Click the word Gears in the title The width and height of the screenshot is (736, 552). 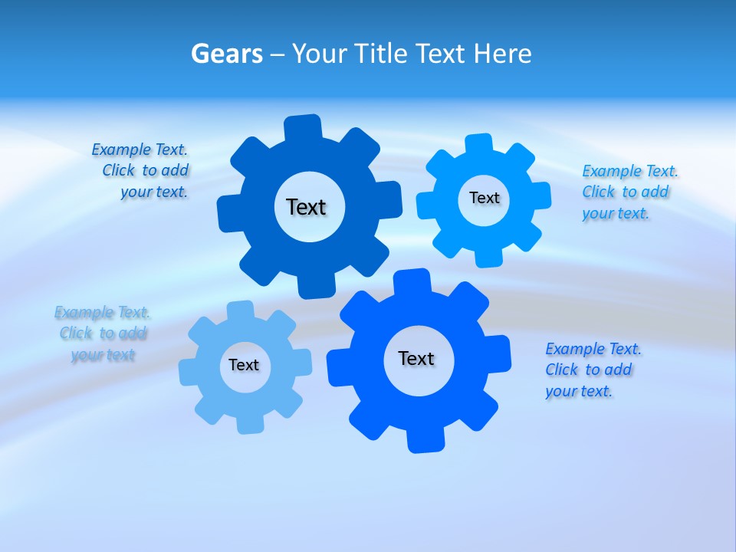[226, 54]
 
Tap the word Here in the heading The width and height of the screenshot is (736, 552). [502, 54]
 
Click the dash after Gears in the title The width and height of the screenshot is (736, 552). [277, 54]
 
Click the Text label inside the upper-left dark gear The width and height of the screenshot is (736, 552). [306, 207]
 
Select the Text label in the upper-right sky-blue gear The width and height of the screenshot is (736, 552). [484, 198]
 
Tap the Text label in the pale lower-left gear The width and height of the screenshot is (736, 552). [244, 365]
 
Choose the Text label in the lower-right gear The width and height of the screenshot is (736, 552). [416, 358]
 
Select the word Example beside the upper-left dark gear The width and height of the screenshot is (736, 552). [121, 149]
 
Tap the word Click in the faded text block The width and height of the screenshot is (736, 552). [76, 333]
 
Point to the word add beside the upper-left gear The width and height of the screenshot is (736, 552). [175, 170]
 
